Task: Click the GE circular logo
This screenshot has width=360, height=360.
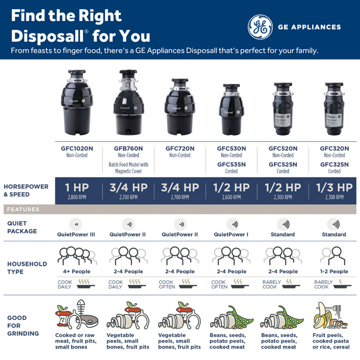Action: pos(260,27)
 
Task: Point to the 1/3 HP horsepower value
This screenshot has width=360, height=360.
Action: pos(334,188)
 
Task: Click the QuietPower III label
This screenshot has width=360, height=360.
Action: pos(76,234)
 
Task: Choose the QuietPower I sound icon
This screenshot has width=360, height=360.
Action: pos(231,224)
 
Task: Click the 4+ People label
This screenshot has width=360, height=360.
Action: pos(76,271)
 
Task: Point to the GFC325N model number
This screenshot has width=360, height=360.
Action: pos(334,164)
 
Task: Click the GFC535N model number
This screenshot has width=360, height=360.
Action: pos(231,164)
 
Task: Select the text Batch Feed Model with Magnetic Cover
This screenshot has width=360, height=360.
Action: pos(128,168)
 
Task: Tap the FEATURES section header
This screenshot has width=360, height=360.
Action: pos(23,210)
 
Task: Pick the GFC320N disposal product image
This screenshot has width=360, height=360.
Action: pos(334,108)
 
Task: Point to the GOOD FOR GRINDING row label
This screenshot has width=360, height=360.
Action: pos(23,325)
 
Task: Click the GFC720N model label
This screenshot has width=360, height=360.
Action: pos(180,148)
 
